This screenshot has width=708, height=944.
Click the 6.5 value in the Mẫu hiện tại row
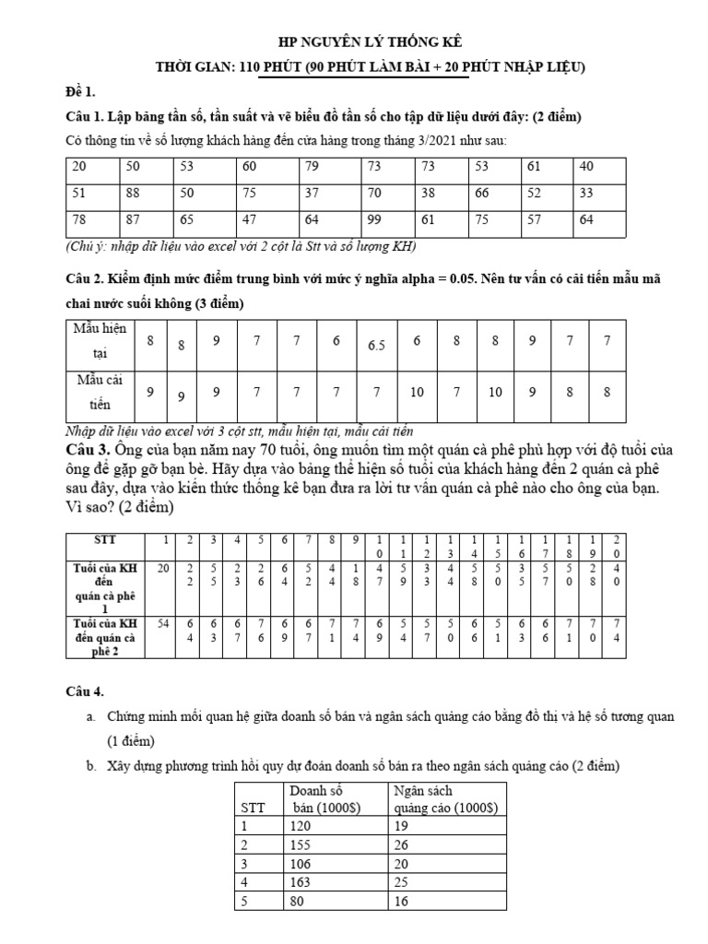tap(376, 346)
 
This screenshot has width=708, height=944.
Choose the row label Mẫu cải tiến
tap(101, 392)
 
